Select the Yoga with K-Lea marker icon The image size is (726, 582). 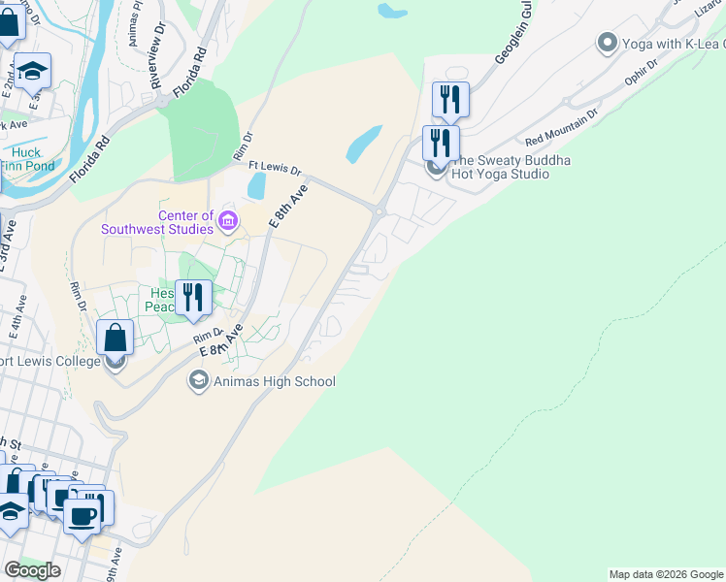click(x=608, y=43)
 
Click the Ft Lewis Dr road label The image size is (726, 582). click(x=275, y=167)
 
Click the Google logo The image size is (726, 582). click(x=32, y=569)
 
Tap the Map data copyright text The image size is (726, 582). click(x=665, y=574)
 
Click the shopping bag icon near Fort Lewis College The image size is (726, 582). click(x=115, y=339)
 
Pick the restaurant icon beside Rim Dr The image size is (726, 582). click(x=193, y=298)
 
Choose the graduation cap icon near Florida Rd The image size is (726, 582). click(x=32, y=70)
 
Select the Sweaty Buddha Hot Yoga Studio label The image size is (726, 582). click(x=502, y=167)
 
